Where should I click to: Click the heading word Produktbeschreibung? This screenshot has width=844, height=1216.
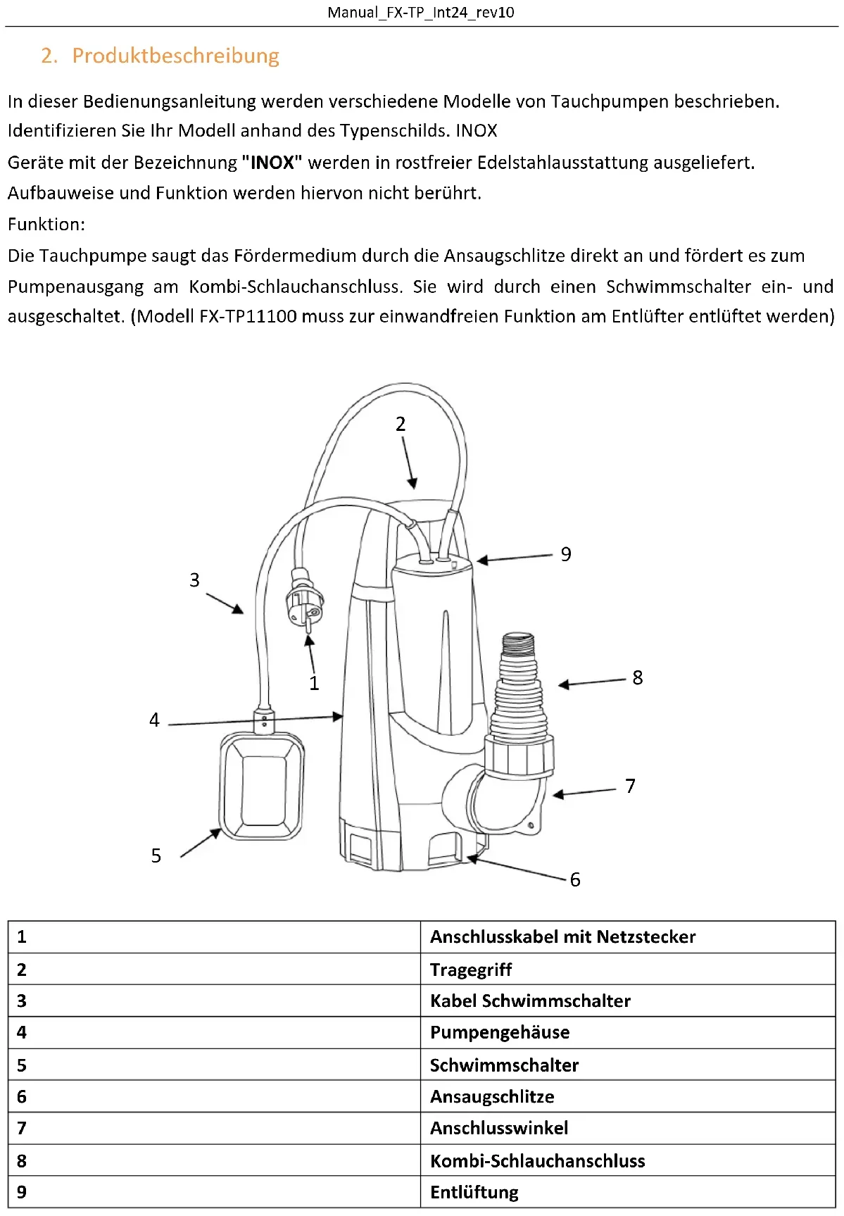[175, 56]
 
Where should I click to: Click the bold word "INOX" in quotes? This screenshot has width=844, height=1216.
[272, 163]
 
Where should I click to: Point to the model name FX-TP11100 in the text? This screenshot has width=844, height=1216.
[248, 316]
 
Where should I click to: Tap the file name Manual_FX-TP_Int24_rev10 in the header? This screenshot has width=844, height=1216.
[421, 13]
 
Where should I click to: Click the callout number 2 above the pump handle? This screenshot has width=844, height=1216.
[401, 424]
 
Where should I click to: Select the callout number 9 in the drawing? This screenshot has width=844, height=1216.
[566, 555]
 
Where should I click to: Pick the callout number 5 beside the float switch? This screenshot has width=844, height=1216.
[156, 855]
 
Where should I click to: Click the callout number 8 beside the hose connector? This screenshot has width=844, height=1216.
[638, 677]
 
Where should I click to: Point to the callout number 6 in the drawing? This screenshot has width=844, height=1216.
[575, 879]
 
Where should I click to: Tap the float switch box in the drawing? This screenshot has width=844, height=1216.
[263, 785]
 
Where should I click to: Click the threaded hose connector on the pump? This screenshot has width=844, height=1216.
[519, 687]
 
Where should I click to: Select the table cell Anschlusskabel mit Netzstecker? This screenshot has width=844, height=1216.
[562, 937]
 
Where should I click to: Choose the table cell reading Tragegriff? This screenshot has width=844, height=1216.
[471, 970]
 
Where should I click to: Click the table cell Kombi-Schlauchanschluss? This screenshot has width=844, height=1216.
[537, 1161]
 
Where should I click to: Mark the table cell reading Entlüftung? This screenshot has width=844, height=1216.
[474, 1192]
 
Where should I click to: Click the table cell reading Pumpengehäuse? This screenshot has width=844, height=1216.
[500, 1032]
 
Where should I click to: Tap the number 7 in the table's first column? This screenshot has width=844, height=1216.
[22, 1128]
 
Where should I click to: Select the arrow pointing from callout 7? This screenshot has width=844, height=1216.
[584, 793]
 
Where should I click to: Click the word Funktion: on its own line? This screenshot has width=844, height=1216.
[46, 225]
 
